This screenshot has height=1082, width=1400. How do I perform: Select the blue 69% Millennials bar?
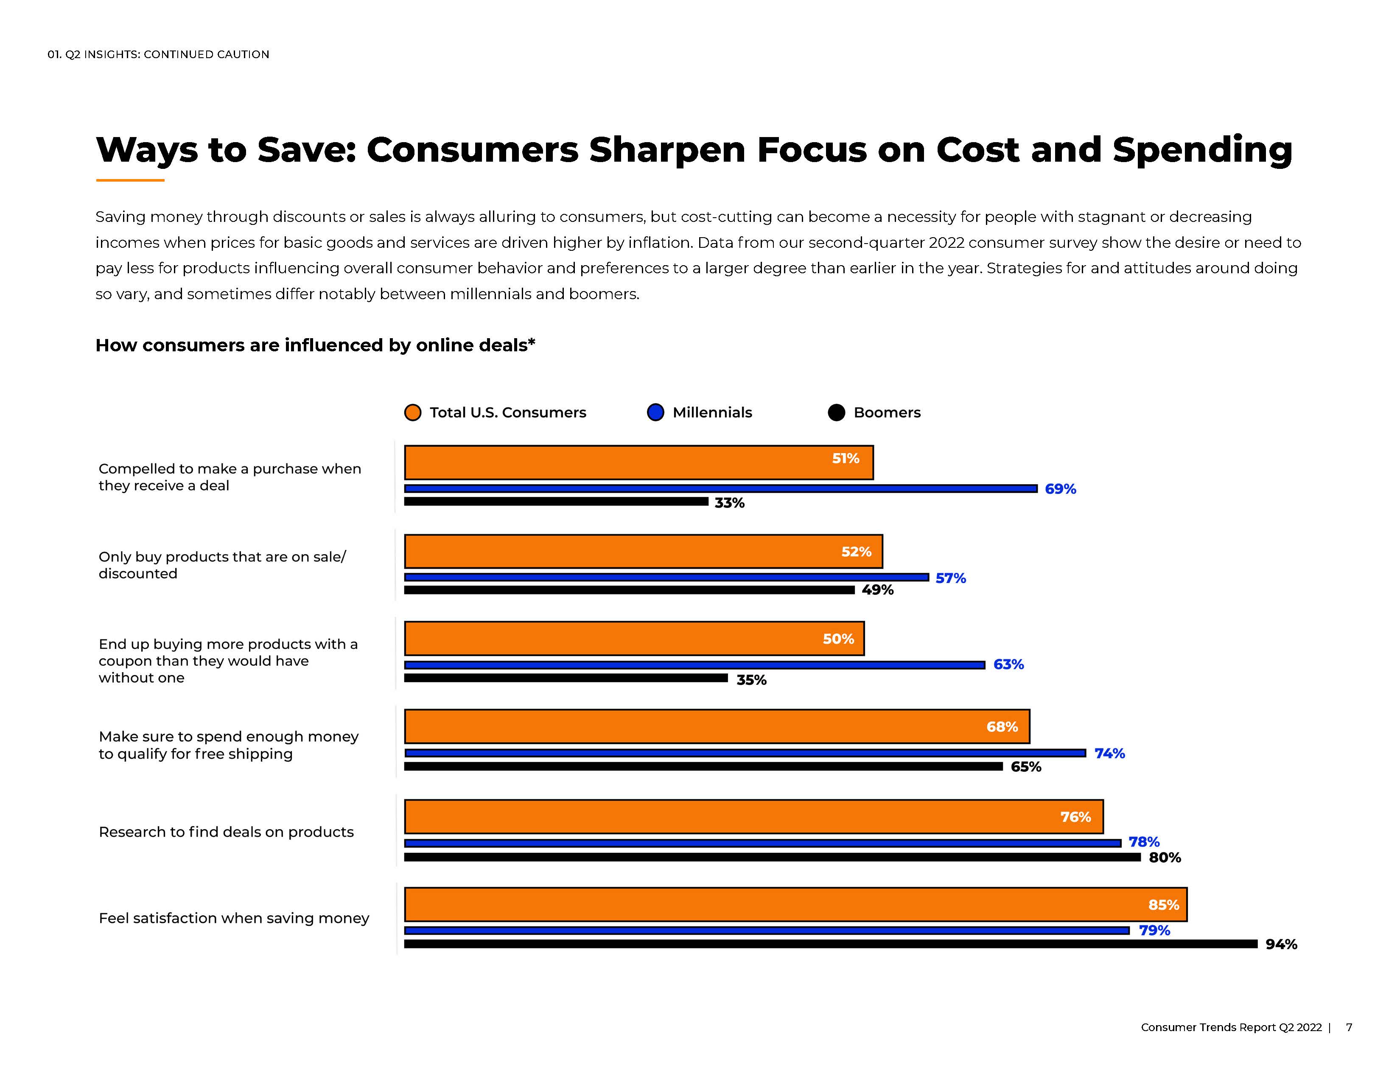(720, 488)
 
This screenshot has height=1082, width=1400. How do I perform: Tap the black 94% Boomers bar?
(831, 944)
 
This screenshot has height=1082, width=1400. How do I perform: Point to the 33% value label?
(730, 503)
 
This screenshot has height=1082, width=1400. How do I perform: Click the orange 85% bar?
(795, 905)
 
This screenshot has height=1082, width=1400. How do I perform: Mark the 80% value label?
(1164, 858)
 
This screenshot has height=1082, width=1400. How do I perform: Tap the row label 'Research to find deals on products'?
(226, 832)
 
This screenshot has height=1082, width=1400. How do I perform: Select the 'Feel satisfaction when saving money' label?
(234, 919)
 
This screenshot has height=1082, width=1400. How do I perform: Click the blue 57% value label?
(950, 578)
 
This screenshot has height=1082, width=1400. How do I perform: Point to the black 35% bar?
(566, 678)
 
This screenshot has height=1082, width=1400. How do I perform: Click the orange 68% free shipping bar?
(717, 726)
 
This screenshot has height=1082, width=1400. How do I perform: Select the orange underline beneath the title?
(130, 180)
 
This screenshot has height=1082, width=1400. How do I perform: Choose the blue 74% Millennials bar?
(745, 753)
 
